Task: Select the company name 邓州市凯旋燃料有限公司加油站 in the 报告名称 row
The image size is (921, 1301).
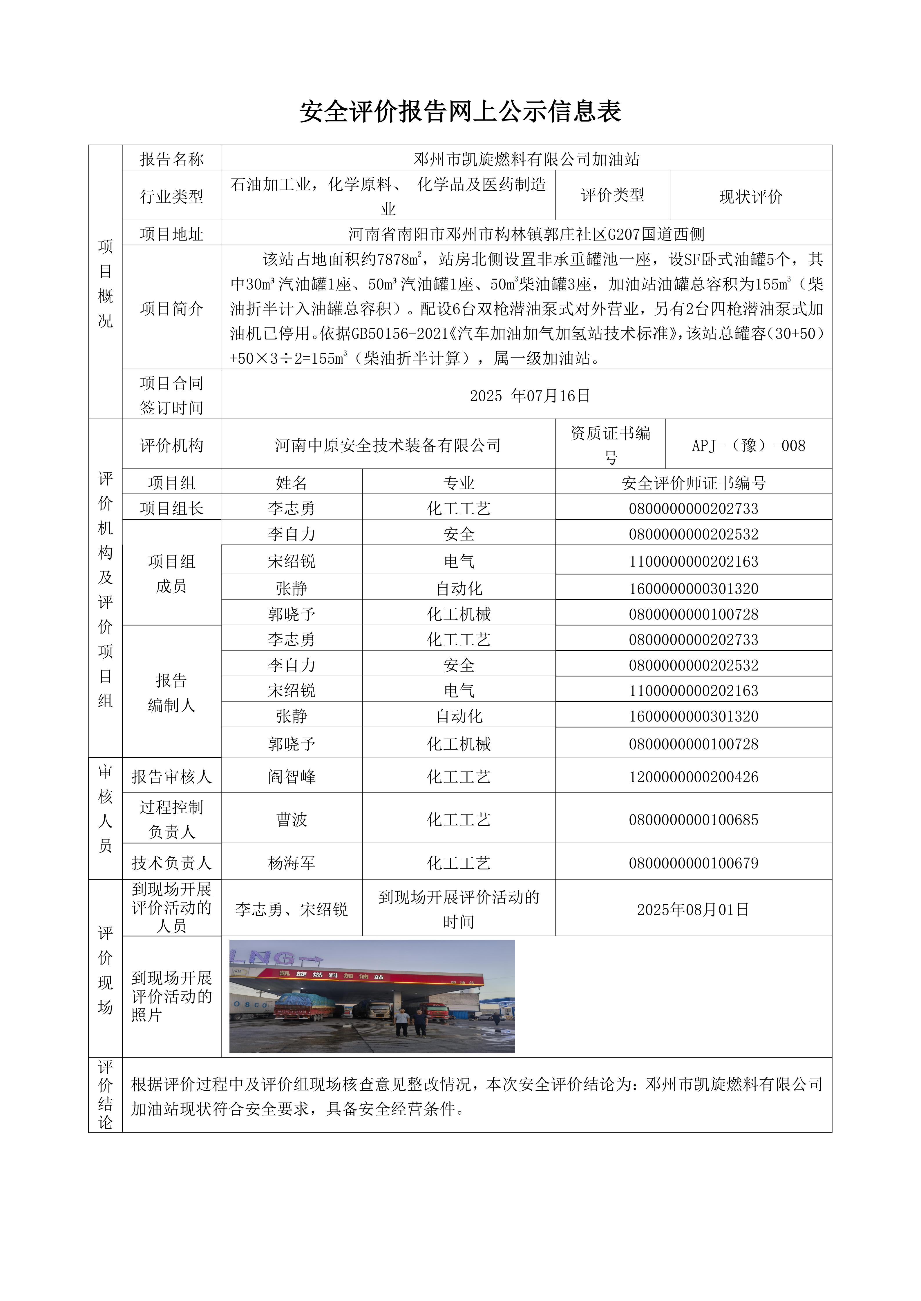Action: point(526,159)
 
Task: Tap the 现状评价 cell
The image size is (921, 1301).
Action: point(750,197)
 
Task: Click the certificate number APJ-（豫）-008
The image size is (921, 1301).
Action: point(748,445)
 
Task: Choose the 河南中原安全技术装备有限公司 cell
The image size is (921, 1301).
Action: point(388,445)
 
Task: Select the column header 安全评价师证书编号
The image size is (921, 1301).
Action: point(693,483)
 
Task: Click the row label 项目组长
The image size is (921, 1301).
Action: point(171,508)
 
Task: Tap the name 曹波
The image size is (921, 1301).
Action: point(292,819)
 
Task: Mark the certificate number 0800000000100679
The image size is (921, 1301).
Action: point(693,863)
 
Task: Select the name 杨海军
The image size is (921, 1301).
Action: point(292,863)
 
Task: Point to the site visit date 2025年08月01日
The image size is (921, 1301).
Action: point(693,910)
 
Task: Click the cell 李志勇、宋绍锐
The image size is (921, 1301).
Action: point(292,910)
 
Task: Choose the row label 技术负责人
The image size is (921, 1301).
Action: point(171,863)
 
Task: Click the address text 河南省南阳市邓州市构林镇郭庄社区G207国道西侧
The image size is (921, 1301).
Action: point(526,234)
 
